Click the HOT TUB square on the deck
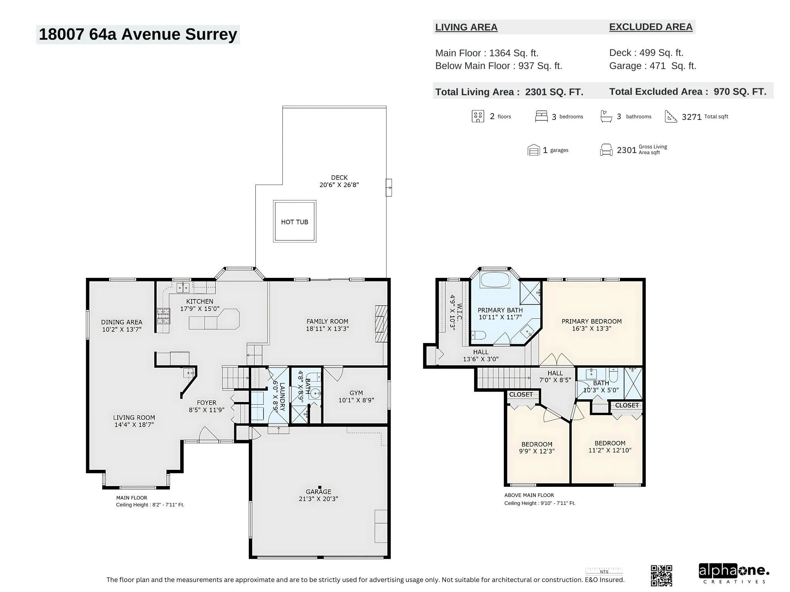295,221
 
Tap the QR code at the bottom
662,576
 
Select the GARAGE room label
319,491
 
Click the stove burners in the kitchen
163,316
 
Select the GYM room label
356,393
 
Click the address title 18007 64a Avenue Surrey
138,34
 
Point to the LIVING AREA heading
466,27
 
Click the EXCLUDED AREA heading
651,27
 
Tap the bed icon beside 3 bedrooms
541,116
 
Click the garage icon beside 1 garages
533,150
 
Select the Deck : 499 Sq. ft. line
646,53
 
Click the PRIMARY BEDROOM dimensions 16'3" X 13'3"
591,328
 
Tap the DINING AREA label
122,322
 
